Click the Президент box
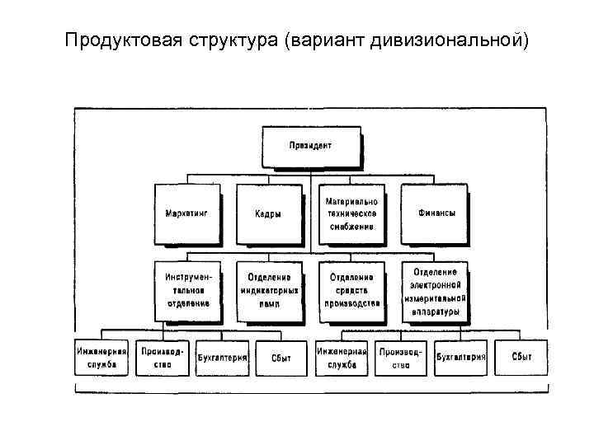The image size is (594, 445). (311, 147)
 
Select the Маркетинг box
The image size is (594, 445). (186, 213)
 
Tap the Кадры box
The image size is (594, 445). (268, 213)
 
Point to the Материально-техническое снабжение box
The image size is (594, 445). (351, 213)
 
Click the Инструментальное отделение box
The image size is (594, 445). (187, 290)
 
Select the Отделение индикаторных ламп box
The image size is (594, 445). (268, 290)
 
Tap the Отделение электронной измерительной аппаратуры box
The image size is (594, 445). (435, 290)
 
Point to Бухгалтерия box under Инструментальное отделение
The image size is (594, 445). (220, 357)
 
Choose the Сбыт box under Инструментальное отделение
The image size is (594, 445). (280, 357)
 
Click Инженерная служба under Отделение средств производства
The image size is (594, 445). (342, 357)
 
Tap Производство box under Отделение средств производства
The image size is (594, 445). (401, 357)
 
